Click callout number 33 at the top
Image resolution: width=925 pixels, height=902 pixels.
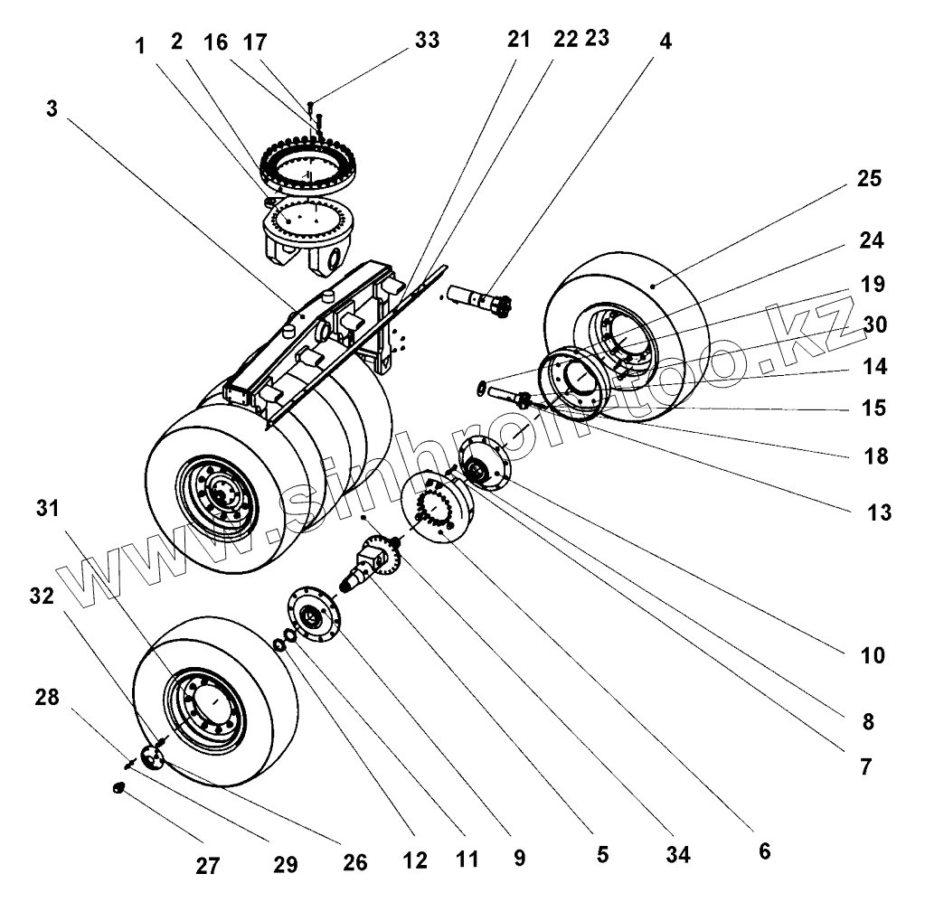click(427, 40)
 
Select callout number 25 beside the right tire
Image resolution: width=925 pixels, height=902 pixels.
click(869, 178)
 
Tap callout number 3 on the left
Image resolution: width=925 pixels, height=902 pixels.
click(52, 108)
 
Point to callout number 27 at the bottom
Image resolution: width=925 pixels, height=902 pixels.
click(208, 866)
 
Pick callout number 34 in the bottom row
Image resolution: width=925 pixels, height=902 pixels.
click(678, 854)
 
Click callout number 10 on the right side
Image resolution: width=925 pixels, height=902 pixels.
click(873, 655)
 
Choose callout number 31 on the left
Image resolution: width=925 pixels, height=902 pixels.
click(48, 508)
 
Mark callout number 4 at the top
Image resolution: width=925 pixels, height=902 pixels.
click(665, 42)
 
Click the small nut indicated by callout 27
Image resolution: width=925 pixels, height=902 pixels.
click(118, 787)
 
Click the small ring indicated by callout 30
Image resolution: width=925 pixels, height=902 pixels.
click(481, 388)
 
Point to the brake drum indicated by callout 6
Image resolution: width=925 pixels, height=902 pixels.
click(435, 507)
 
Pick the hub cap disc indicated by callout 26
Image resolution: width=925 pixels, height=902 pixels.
click(153, 758)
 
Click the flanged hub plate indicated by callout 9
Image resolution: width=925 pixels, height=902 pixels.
click(315, 615)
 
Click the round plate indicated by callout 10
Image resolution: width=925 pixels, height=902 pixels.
click(485, 464)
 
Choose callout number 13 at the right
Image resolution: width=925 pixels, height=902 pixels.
click(879, 512)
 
